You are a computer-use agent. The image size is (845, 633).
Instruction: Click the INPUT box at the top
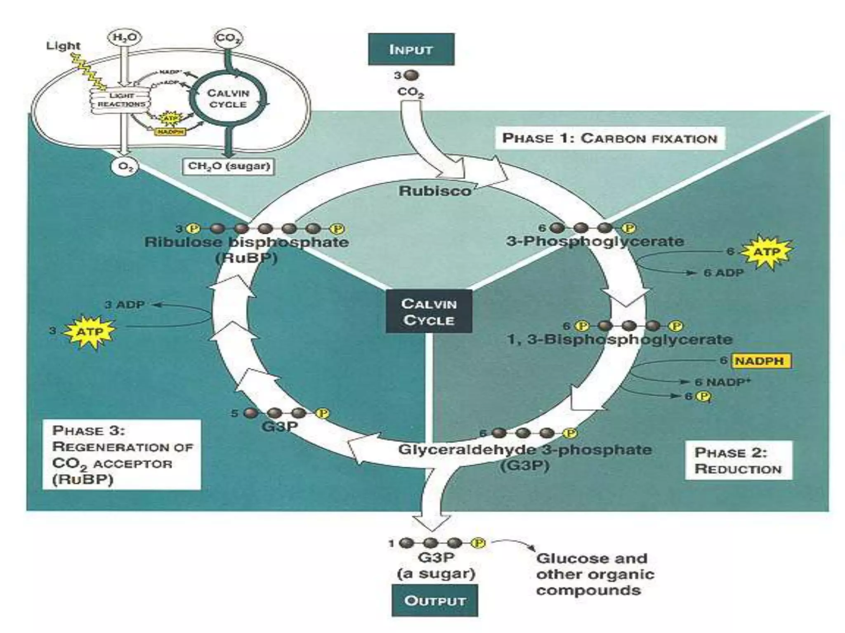click(411, 49)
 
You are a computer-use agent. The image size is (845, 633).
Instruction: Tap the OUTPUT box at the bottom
click(434, 600)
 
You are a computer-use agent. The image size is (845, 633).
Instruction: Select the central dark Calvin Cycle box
click(429, 312)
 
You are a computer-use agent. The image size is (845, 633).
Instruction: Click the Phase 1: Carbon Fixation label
click(609, 138)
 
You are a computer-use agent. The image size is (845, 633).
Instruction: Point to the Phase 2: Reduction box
click(738, 460)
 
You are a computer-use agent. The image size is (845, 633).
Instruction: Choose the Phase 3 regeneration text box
click(122, 455)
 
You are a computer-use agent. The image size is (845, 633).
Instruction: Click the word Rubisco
click(434, 191)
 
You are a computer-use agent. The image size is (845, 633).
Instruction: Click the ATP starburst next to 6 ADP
click(767, 252)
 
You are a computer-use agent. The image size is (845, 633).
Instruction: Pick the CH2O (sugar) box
click(229, 166)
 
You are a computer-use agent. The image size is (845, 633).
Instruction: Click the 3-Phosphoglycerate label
click(595, 241)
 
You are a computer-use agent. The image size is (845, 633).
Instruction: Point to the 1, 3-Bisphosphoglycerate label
click(619, 340)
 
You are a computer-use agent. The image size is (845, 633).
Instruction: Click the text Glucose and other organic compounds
click(595, 574)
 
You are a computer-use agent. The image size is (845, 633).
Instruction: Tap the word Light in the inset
click(63, 45)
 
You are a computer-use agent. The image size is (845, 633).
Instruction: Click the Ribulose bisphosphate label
click(246, 242)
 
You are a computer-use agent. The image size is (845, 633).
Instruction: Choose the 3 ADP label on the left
click(124, 305)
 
